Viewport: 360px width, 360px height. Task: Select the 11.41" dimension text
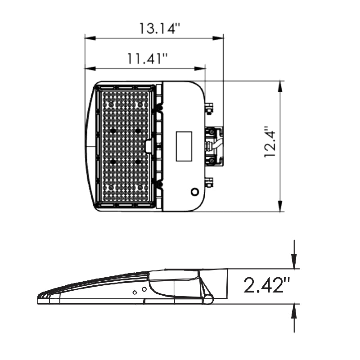click(147, 58)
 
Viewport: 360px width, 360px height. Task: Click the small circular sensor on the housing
click(195, 192)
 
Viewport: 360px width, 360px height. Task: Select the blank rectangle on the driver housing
click(184, 146)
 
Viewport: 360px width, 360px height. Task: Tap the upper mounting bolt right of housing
click(209, 108)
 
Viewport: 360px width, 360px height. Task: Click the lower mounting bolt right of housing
click(209, 182)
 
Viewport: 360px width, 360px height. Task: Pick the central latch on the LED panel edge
click(148, 145)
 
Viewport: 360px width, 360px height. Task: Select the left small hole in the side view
click(135, 292)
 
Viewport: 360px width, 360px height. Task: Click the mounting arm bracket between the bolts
click(215, 145)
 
